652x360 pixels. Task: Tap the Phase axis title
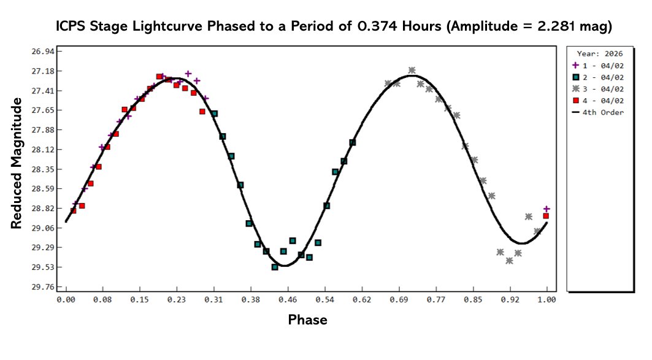tap(307, 320)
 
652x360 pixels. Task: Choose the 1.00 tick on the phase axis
tap(547, 300)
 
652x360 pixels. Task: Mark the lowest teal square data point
tap(275, 267)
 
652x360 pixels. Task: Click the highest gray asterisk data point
tap(412, 71)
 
